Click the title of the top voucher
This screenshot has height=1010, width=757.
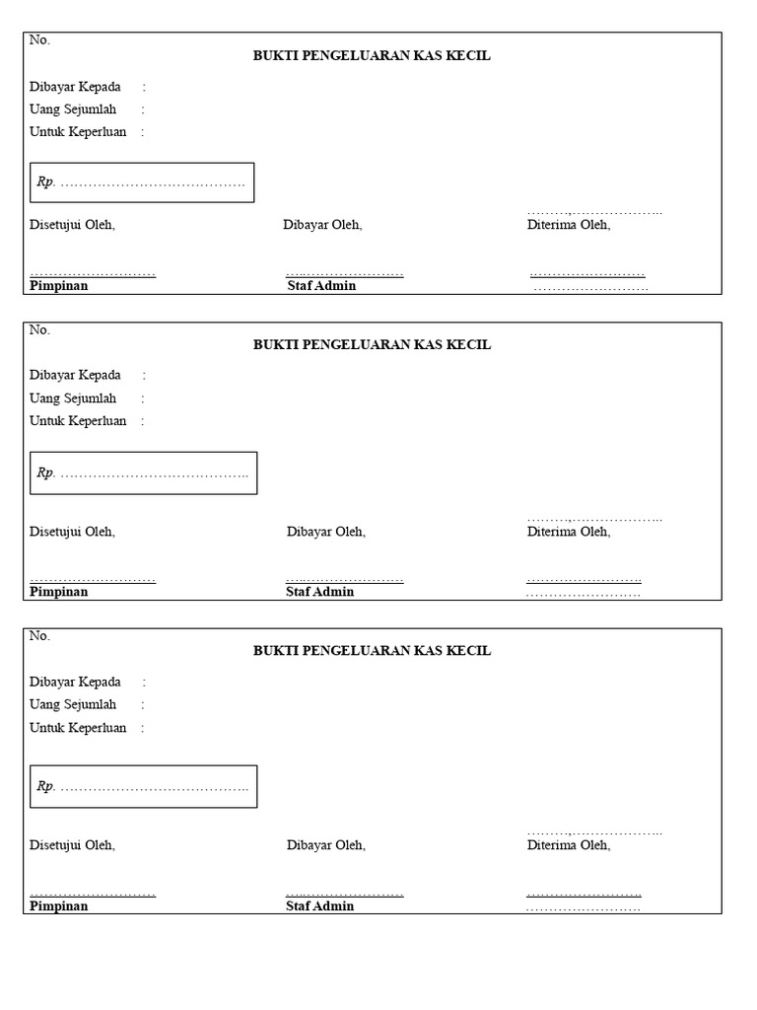pyautogui.click(x=372, y=56)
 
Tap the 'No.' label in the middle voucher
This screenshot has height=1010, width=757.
pyautogui.click(x=39, y=330)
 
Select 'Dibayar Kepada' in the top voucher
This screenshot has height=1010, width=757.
pyautogui.click(x=75, y=87)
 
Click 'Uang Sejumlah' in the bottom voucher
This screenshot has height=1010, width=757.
pyautogui.click(x=73, y=704)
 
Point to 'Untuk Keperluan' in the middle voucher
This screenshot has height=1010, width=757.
pyautogui.click(x=78, y=421)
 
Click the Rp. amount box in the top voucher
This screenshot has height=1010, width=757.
pyautogui.click(x=142, y=182)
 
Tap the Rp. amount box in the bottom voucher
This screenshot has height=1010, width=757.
pyautogui.click(x=144, y=786)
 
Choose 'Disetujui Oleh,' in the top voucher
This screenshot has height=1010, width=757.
pyautogui.click(x=72, y=225)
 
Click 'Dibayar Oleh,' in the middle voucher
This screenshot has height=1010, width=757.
pyautogui.click(x=326, y=532)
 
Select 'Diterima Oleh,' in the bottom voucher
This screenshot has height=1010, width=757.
pyautogui.click(x=569, y=845)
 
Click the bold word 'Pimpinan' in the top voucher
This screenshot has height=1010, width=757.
pyautogui.click(x=59, y=286)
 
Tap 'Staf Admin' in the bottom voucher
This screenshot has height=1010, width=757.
pyautogui.click(x=320, y=906)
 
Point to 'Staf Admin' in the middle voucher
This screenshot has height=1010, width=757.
pyautogui.click(x=320, y=592)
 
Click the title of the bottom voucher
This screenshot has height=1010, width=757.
pyautogui.click(x=372, y=651)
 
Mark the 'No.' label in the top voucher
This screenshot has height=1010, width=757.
pyautogui.click(x=39, y=40)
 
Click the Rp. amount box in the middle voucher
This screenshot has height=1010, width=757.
pyautogui.click(x=144, y=473)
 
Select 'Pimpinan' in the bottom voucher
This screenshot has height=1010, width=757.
pyautogui.click(x=59, y=906)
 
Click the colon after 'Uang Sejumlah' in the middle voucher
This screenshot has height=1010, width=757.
pyautogui.click(x=143, y=398)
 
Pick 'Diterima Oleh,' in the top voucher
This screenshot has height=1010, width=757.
pyautogui.click(x=569, y=225)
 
